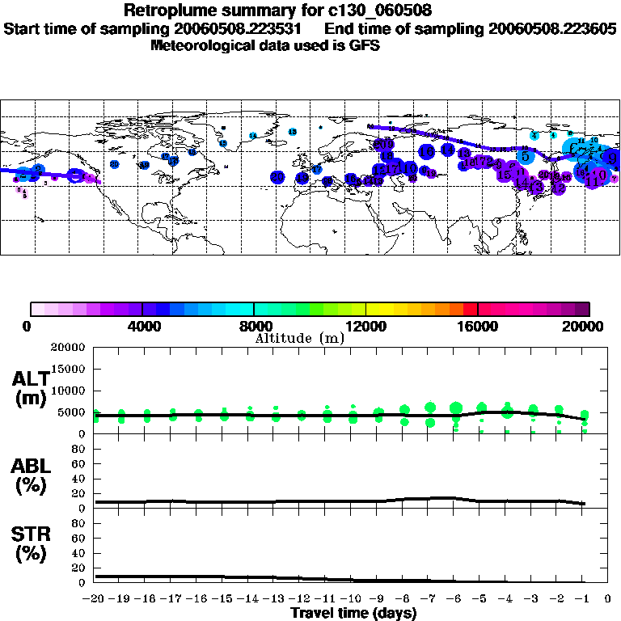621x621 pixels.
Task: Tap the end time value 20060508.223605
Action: coord(553,28)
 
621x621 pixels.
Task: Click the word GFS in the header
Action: coord(365,45)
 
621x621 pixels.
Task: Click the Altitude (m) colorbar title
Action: coord(299,338)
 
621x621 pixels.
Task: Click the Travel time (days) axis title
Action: coord(353,613)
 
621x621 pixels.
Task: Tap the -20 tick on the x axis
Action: coord(95,599)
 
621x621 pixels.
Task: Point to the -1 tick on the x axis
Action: coord(582,599)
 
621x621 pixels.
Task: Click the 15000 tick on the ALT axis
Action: coord(72,370)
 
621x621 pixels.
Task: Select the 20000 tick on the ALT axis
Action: coord(71,348)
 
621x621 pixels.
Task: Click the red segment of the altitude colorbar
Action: coord(470,309)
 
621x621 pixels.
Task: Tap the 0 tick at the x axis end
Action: coord(608,599)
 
